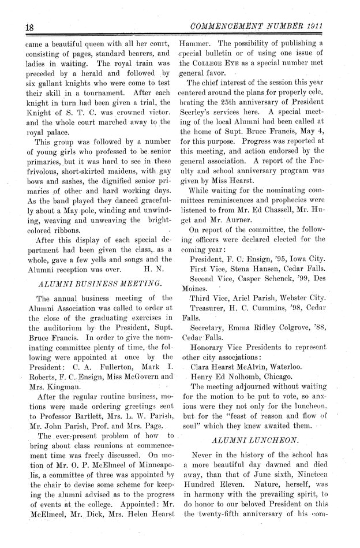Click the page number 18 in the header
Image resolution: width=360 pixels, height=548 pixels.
[x=15, y=27]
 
